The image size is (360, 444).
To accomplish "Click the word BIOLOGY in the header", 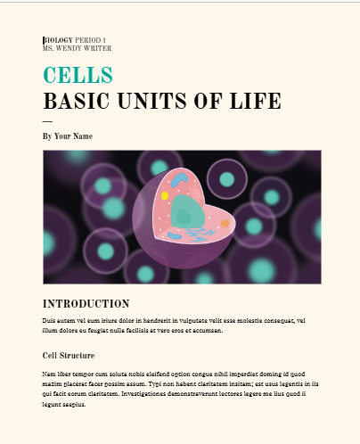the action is pyautogui.click(x=58, y=40).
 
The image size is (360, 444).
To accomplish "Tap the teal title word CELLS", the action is pyautogui.click(x=78, y=75).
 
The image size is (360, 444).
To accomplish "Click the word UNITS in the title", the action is pyautogui.click(x=152, y=101).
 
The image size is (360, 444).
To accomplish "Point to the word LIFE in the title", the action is pyautogui.click(x=256, y=101).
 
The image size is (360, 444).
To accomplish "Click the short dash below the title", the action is pyautogui.click(x=47, y=121).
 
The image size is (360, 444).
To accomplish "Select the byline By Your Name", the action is pyautogui.click(x=68, y=136).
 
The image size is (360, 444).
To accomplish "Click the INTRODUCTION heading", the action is pyautogui.click(x=86, y=304).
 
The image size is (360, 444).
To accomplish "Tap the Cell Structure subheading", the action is pyautogui.click(x=69, y=356).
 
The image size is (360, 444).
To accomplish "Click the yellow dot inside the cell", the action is pyautogui.click(x=165, y=196).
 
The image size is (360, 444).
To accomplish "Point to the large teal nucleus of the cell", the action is pyautogui.click(x=188, y=211).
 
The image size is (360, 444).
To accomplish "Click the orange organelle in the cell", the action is pyautogui.click(x=225, y=224).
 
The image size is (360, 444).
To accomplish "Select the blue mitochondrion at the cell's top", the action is pyautogui.click(x=179, y=179).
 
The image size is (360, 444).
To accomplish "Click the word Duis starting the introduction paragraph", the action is pyautogui.click(x=49, y=321).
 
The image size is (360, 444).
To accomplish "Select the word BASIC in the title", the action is pyautogui.click(x=77, y=101).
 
